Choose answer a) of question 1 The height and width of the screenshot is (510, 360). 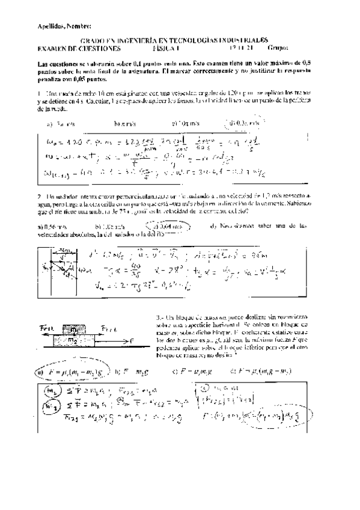[59, 124]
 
